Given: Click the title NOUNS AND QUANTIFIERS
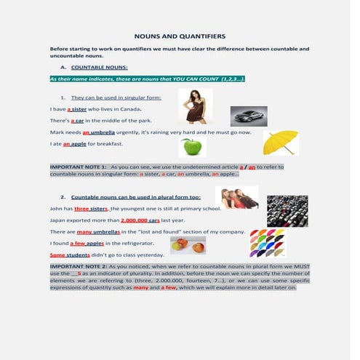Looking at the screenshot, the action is (x=181, y=36).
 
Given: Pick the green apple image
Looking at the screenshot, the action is (x=191, y=148).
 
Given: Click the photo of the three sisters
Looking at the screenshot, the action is (x=236, y=198).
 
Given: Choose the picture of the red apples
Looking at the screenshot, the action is (x=187, y=246).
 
